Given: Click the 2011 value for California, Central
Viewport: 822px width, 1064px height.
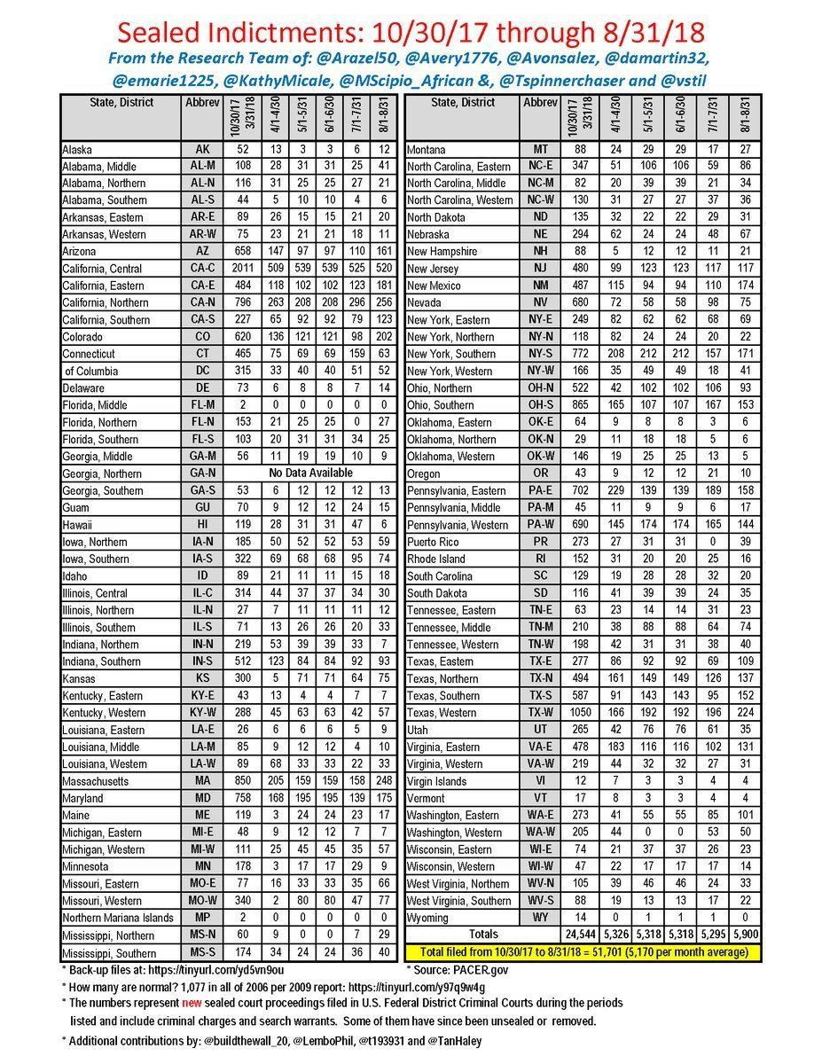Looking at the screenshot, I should point(236,269).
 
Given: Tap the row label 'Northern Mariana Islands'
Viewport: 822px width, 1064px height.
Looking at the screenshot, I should point(118,917).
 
